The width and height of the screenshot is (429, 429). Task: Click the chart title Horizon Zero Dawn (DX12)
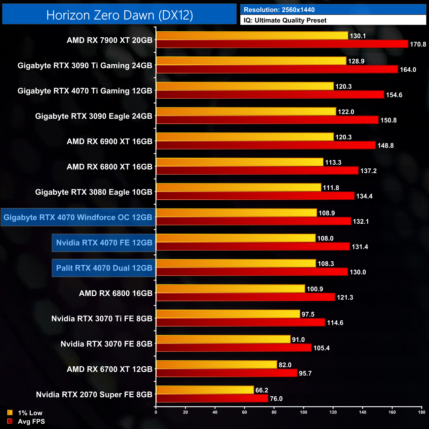pyautogui.click(x=119, y=15)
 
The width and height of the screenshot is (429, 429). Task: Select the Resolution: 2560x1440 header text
pyautogui.click(x=279, y=10)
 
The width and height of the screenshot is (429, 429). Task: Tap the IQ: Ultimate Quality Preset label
pyautogui.click(x=285, y=20)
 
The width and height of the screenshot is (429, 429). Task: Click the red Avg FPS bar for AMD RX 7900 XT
pyautogui.click(x=282, y=44)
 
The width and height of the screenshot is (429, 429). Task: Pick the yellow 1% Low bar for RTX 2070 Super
pyautogui.click(x=205, y=390)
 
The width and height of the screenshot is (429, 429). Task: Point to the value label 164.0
pyautogui.click(x=408, y=70)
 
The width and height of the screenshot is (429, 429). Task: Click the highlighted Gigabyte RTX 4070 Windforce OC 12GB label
pyautogui.click(x=78, y=217)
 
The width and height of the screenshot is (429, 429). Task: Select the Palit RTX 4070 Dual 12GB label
pyautogui.click(x=104, y=268)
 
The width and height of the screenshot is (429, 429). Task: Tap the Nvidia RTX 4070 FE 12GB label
pyautogui.click(x=104, y=243)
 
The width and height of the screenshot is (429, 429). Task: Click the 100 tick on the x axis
pyautogui.click(x=304, y=412)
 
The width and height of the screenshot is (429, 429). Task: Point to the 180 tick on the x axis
pyautogui.click(x=422, y=412)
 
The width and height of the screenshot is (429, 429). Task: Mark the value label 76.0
pyautogui.click(x=276, y=399)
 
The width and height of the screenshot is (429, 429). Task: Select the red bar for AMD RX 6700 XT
pyautogui.click(x=227, y=373)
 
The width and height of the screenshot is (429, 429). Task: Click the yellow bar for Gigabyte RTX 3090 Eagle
pyautogui.click(x=246, y=112)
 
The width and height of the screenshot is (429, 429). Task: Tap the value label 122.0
pyautogui.click(x=346, y=112)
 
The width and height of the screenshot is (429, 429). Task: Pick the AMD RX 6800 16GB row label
pyautogui.click(x=116, y=293)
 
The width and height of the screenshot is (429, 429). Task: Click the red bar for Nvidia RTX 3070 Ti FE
pyautogui.click(x=241, y=322)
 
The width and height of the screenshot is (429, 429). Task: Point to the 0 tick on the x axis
pyautogui.click(x=156, y=412)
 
